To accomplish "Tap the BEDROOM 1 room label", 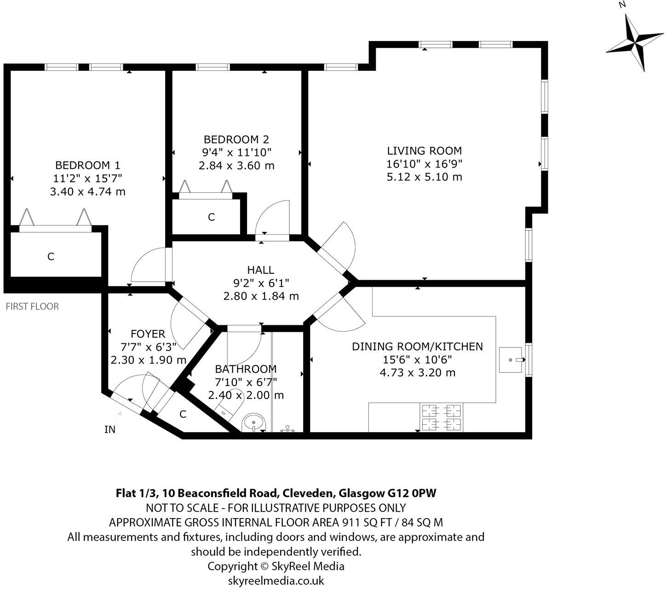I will (87, 165).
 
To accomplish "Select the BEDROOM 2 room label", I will (236, 139).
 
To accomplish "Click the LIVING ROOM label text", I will (424, 151).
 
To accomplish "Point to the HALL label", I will (260, 270).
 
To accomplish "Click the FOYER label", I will (148, 334).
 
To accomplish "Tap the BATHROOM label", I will (246, 369).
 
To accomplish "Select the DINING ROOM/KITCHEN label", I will (417, 346).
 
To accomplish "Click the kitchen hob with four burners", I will (441, 417).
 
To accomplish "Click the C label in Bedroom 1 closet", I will (51, 257).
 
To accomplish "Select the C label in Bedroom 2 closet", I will (211, 217).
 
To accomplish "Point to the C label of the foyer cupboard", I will (183, 415).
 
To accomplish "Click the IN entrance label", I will (110, 430).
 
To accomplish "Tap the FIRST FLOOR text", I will (32, 306).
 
